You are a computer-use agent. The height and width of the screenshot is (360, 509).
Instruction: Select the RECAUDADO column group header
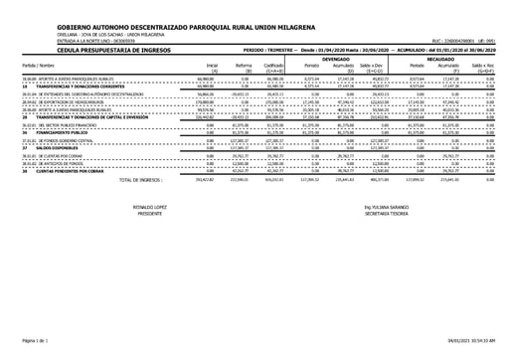pos(456,58)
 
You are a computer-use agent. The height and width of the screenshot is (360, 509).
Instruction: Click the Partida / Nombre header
pos(37,65)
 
